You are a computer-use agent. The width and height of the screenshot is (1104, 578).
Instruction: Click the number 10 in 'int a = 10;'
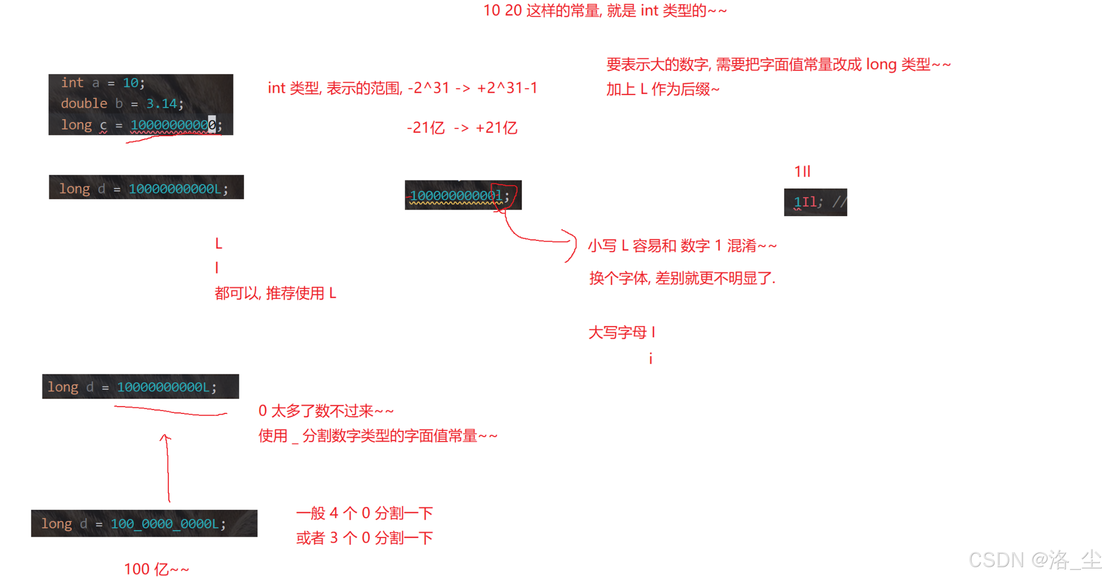click(131, 83)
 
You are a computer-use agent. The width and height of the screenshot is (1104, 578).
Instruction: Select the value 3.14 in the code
click(161, 104)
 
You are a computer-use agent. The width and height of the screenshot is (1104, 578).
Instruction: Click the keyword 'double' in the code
click(84, 104)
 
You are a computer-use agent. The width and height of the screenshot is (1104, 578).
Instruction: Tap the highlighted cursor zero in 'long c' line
click(212, 125)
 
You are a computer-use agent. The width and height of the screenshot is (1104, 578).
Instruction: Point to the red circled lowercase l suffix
click(499, 196)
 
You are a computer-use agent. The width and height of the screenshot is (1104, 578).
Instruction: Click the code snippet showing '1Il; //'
click(815, 202)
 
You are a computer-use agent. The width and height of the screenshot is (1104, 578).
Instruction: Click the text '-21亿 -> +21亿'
click(461, 128)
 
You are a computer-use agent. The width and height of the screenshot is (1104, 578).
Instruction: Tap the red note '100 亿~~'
click(156, 569)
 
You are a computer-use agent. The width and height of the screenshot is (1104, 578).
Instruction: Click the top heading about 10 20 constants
click(605, 10)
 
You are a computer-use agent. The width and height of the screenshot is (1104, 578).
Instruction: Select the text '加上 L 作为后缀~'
click(662, 89)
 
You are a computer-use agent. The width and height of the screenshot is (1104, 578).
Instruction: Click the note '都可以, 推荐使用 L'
click(275, 293)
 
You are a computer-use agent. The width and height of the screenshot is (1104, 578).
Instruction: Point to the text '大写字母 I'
click(621, 332)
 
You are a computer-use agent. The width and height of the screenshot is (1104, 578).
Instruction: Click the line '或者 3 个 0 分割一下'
click(364, 538)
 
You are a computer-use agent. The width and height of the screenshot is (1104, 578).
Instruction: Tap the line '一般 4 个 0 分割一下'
click(364, 513)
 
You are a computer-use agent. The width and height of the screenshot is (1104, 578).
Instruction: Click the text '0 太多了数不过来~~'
click(325, 411)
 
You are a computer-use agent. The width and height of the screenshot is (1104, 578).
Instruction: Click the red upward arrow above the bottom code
click(167, 467)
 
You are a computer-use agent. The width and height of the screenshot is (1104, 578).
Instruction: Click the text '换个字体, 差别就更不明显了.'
click(682, 278)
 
